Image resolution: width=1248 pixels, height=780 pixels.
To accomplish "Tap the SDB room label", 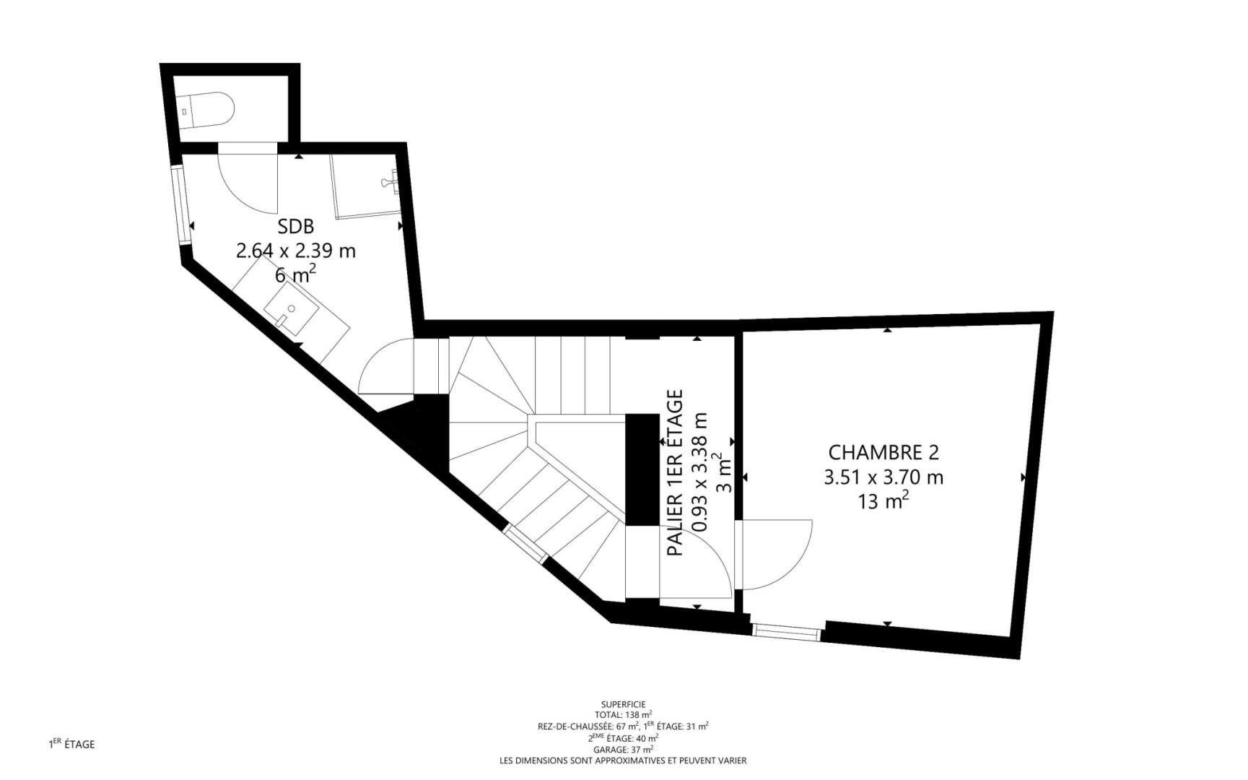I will [295, 226].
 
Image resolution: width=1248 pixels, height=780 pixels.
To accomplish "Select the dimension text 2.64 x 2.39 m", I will [295, 251].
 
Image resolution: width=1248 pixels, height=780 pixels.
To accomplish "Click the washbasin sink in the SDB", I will [292, 309].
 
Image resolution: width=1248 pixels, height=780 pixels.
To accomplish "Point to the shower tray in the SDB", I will [366, 186].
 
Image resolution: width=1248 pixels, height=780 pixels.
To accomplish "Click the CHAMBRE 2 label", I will [883, 452].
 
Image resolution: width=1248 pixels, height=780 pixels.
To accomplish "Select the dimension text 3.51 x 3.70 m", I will [883, 477].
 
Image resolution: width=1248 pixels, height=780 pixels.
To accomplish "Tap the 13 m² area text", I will [882, 500].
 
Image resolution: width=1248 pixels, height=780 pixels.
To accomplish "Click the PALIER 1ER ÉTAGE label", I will [675, 472].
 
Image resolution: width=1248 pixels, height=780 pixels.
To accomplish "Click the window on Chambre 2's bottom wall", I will [787, 630].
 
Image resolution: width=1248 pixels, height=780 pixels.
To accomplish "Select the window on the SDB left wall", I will [181, 207].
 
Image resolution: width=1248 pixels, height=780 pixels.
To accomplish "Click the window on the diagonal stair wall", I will [525, 544].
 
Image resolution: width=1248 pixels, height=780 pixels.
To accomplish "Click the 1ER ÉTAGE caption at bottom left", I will [71, 744].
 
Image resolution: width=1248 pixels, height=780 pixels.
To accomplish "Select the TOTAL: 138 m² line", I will [623, 714].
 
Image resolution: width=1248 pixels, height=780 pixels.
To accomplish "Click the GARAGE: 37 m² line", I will [623, 749].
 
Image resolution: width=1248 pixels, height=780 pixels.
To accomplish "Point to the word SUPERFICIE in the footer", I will [623, 703].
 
